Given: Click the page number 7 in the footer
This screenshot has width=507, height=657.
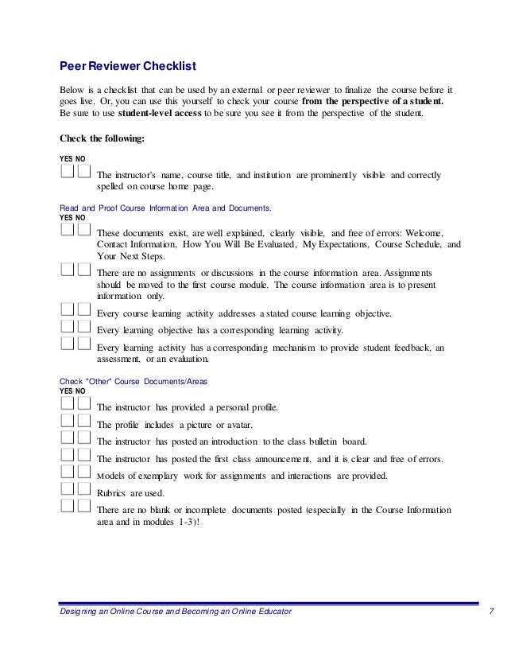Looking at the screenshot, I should tap(493, 610).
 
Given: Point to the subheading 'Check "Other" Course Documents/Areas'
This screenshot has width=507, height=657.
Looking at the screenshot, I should tap(134, 381).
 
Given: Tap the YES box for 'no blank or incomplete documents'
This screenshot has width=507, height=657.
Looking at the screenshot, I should tap(67, 507).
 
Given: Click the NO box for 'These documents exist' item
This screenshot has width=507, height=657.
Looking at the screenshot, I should tap(83, 229).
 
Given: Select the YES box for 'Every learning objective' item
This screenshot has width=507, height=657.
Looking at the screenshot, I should tap(67, 326).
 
